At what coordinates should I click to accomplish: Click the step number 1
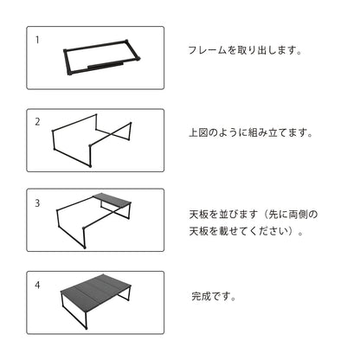click(37, 40)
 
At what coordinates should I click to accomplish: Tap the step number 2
click(37, 122)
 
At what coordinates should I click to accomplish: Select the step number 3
click(37, 203)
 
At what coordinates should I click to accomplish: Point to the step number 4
click(37, 286)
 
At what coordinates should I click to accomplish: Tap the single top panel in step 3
click(112, 199)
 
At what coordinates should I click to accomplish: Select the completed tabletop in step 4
click(96, 286)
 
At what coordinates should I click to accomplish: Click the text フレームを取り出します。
click(245, 50)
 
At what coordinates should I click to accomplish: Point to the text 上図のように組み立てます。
click(251, 132)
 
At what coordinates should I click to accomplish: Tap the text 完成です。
click(214, 296)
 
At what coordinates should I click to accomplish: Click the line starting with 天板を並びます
click(254, 215)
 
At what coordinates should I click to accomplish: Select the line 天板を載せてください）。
click(246, 231)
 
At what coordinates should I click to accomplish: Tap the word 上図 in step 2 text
click(199, 132)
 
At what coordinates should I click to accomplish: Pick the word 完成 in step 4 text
click(202, 296)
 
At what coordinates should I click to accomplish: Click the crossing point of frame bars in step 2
click(110, 134)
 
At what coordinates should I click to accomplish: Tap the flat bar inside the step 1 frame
click(106, 65)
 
